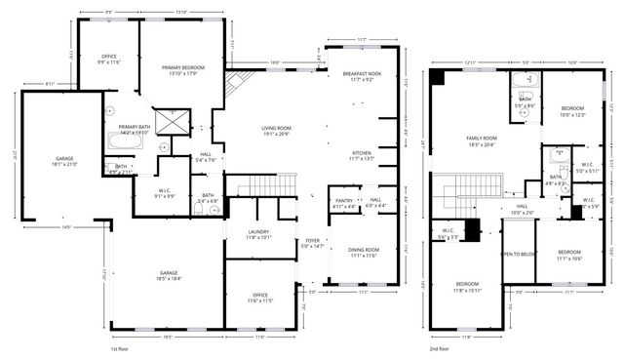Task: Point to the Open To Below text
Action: (517, 254)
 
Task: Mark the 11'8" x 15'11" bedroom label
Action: (465, 288)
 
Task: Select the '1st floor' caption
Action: (119, 347)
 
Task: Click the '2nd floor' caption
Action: (439, 347)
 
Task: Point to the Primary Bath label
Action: (135, 130)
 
